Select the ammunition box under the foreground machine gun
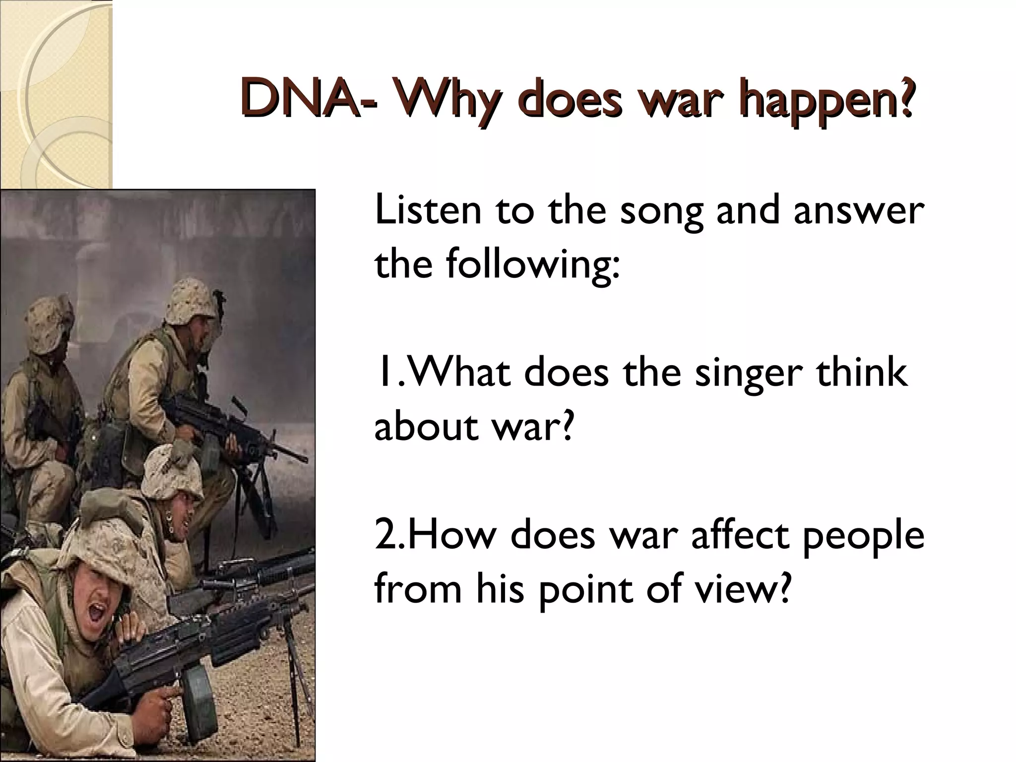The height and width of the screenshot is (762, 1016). [198, 695]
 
